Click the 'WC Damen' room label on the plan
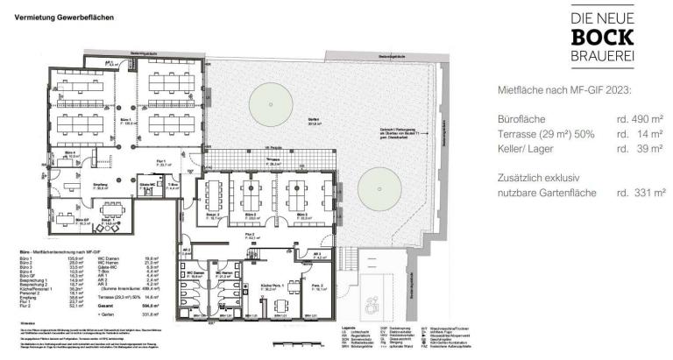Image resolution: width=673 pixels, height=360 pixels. (x=195, y=273)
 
